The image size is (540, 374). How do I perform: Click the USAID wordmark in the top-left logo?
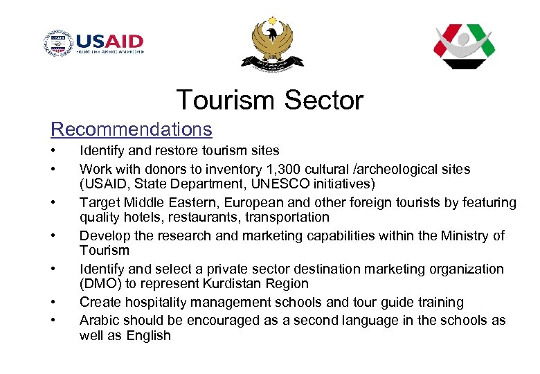109,41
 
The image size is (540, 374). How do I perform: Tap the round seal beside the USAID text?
57,44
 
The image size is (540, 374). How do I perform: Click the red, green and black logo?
465,46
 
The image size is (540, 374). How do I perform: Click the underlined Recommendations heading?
132,130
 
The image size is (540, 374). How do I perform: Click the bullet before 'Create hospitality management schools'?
52,303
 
